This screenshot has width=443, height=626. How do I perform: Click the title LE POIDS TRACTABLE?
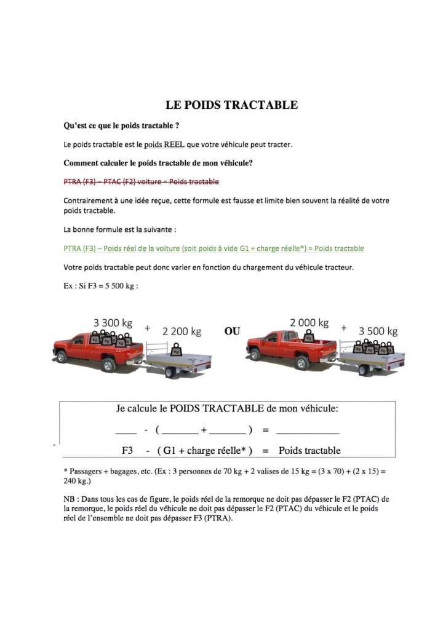231,105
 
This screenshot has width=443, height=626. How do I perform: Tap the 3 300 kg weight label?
113,322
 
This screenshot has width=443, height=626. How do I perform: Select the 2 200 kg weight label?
182,331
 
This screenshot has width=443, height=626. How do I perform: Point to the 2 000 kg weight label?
309,322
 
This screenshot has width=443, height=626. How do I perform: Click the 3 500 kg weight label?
378,331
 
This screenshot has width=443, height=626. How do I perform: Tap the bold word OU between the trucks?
232,331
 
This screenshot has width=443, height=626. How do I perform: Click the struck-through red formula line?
141,182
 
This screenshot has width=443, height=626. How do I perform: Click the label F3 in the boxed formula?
127,451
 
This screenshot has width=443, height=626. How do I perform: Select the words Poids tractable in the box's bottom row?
309,451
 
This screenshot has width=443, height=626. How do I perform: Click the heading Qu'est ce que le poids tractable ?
121,125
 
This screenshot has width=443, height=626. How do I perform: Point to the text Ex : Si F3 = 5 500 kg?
100,286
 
